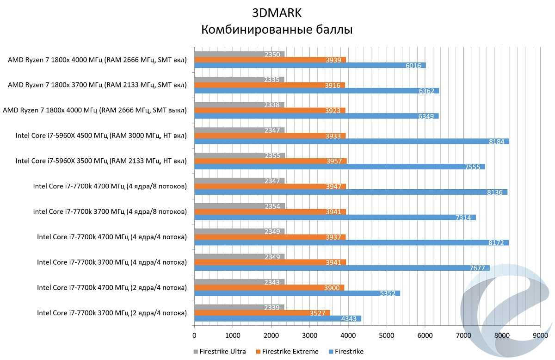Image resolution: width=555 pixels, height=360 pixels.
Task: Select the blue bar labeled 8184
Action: (351, 142)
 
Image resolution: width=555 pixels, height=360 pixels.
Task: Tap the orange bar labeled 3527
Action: (262, 313)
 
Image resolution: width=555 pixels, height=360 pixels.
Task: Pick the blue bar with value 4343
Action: (277, 318)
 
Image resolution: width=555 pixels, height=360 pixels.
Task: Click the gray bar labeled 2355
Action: (239, 155)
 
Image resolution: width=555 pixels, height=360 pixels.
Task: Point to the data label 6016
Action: (413, 66)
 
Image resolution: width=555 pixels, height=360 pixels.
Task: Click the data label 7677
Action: (476, 268)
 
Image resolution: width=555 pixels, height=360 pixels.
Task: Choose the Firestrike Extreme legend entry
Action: (286, 351)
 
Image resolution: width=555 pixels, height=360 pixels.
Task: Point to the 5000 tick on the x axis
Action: (386, 335)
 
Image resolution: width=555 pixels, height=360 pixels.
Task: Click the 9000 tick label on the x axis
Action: (540, 335)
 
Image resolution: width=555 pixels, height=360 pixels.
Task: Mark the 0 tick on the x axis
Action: (194, 335)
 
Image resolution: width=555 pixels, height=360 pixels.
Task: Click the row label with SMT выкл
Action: (95, 111)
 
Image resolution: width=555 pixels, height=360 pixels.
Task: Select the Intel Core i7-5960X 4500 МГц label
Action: (101, 136)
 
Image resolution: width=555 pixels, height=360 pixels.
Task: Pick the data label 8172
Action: (496, 242)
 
